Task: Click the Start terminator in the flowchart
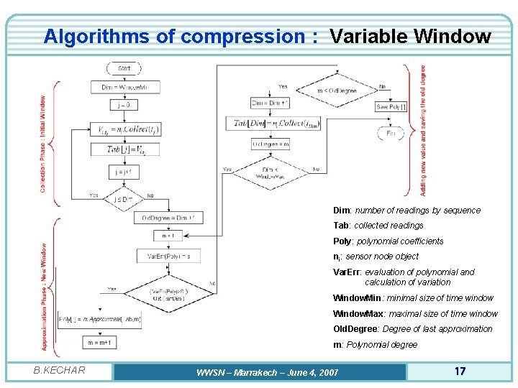(x=124, y=68)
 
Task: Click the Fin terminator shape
(x=391, y=133)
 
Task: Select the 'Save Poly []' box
(x=391, y=106)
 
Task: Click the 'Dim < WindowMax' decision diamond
(x=271, y=173)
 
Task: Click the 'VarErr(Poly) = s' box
(x=168, y=255)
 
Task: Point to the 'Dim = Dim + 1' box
(x=270, y=103)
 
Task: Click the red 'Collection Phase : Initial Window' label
(x=43, y=144)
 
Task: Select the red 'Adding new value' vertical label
(x=423, y=131)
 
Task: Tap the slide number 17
(x=460, y=371)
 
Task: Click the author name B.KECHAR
(x=60, y=371)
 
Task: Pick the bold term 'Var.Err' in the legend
(x=347, y=272)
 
